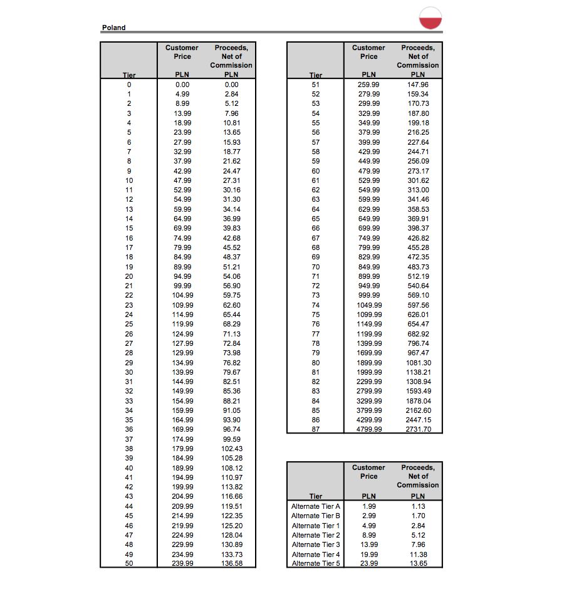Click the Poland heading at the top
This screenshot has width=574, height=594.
(113, 28)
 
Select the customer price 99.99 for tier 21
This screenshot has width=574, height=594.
(182, 286)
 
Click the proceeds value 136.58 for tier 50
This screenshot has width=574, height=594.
(232, 563)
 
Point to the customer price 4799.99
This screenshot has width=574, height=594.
(369, 429)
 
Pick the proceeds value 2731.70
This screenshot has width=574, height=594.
(418, 429)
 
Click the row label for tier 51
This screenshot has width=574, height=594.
(316, 85)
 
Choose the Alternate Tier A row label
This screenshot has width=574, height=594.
(316, 506)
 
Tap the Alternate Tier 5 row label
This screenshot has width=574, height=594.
(316, 563)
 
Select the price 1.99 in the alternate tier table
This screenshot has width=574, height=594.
(369, 506)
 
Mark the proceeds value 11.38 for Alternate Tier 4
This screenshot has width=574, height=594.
(418, 554)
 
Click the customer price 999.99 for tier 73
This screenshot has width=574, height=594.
(369, 295)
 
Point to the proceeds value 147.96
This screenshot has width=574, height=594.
(418, 85)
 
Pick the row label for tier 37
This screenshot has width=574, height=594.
(129, 439)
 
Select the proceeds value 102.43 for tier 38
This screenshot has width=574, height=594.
(232, 449)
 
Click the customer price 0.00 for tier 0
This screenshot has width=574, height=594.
(182, 84)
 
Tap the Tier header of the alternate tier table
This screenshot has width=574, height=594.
(316, 496)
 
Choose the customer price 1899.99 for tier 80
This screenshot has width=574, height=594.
(369, 363)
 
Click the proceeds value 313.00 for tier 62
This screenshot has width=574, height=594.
(418, 190)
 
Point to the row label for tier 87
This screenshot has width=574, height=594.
(316, 429)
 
